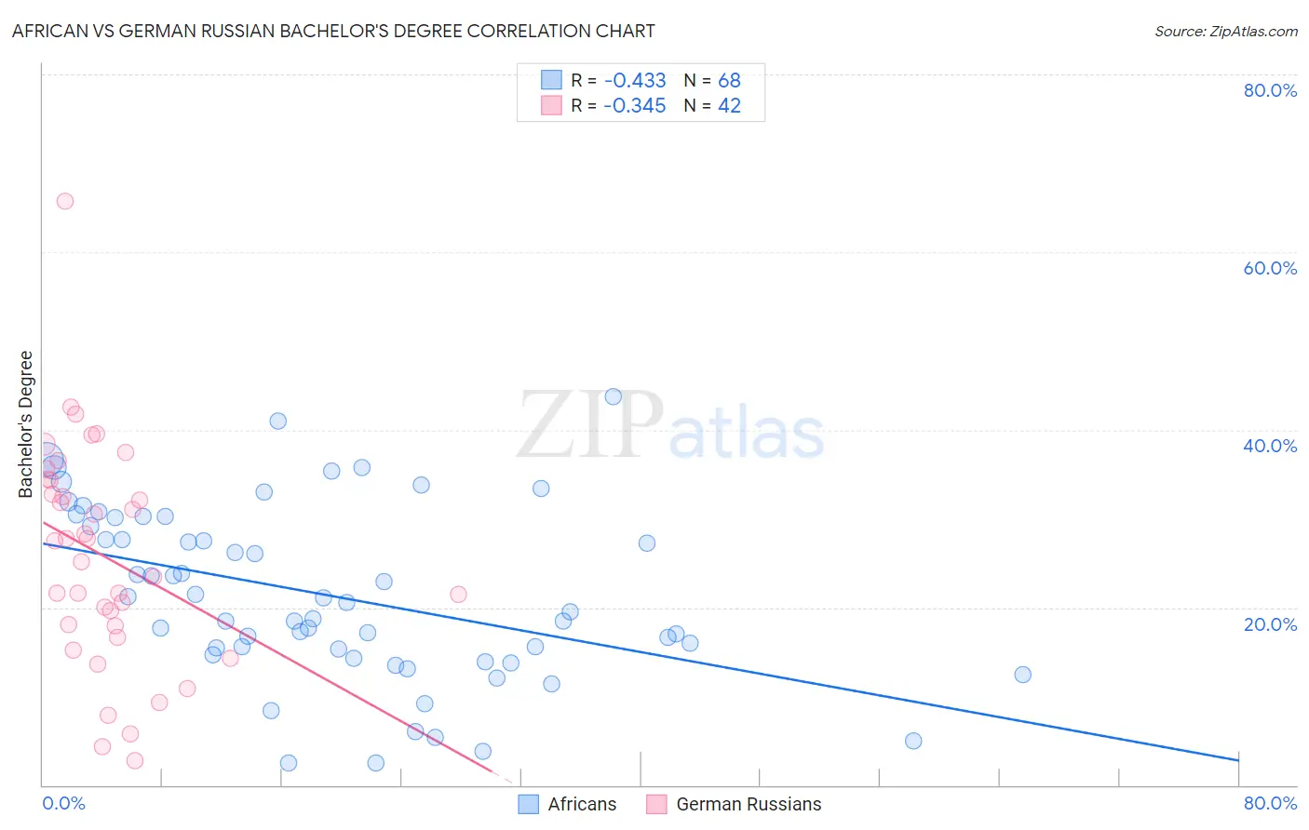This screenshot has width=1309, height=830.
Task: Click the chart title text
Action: (x=333, y=31)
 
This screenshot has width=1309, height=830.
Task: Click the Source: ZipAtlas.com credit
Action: (x=1225, y=31)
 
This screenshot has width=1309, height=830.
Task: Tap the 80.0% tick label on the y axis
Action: (x=1270, y=90)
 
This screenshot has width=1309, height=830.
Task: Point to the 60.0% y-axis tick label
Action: (x=1270, y=268)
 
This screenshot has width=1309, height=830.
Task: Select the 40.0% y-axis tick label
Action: (x=1270, y=446)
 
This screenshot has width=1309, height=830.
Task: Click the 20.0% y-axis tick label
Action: (x=1270, y=623)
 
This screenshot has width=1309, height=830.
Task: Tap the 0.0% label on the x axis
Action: (x=63, y=803)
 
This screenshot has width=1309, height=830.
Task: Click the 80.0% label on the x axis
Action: (x=1270, y=803)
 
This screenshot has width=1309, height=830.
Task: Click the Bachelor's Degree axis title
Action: (x=26, y=424)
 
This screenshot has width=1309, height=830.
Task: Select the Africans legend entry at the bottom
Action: (x=568, y=804)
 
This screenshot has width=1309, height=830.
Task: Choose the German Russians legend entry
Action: (x=735, y=804)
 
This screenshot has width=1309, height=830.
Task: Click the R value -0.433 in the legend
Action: (x=634, y=80)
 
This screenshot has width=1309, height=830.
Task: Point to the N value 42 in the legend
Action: (x=729, y=106)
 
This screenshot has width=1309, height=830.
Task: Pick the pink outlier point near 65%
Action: (x=65, y=201)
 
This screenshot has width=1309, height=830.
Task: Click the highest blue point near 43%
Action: (x=613, y=396)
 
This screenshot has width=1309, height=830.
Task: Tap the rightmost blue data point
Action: (x=1022, y=675)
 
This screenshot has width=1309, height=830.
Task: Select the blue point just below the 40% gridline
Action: (x=277, y=421)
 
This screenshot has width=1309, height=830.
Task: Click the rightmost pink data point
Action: (x=458, y=594)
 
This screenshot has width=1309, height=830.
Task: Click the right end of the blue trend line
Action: (x=1238, y=760)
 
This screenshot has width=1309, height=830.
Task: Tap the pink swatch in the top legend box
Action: (x=551, y=106)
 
